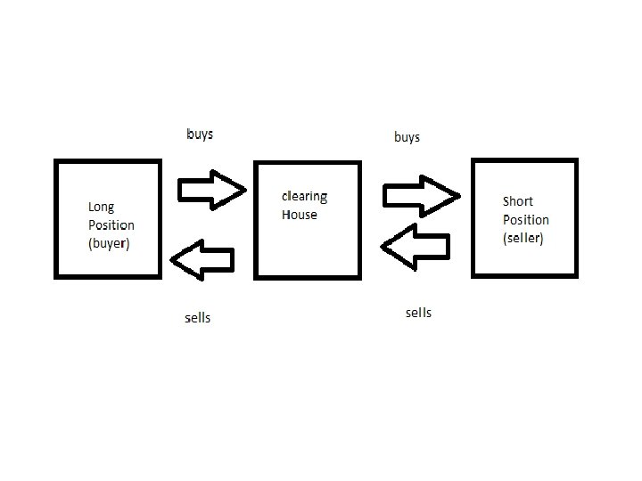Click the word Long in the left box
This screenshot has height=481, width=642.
[x=101, y=208]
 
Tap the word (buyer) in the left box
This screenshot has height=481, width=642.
[x=109, y=243]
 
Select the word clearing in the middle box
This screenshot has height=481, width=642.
[x=304, y=196]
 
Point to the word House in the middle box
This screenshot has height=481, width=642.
[x=299, y=215]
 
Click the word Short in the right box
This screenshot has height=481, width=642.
[x=518, y=201]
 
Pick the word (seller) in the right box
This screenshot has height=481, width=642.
[x=523, y=238]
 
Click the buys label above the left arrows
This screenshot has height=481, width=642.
[x=200, y=135]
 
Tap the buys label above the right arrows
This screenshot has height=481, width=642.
[x=407, y=137]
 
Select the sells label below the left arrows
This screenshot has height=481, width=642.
[x=197, y=317]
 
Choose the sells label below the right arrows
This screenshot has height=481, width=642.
[x=418, y=312]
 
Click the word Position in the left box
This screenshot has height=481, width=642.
[x=111, y=225]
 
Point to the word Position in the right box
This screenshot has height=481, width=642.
[x=526, y=220]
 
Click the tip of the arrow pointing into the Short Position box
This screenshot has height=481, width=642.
[x=459, y=196]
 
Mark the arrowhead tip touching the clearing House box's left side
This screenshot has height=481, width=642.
[x=245, y=189]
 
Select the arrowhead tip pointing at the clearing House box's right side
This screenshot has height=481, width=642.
[x=381, y=247]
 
